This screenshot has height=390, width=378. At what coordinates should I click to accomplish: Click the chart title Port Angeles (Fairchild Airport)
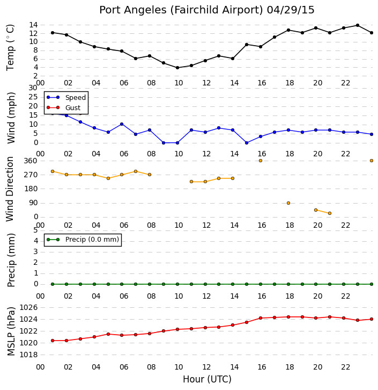[x=181, y=10]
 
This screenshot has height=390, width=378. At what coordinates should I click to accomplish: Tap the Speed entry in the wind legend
[x=76, y=98]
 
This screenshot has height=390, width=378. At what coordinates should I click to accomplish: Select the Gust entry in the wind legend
[x=73, y=107]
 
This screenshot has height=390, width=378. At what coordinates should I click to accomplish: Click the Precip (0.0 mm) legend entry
[x=92, y=240]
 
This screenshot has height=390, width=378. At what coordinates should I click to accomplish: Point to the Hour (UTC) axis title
[x=207, y=379]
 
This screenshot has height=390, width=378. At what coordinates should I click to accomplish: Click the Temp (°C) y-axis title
[x=10, y=47]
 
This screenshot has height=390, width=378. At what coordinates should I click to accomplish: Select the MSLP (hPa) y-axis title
[x=11, y=331]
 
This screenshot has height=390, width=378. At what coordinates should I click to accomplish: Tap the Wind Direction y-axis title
[x=10, y=189]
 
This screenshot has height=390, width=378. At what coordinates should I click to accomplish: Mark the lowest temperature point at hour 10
[x=177, y=68]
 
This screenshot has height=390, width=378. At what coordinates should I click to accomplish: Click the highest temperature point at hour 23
[x=358, y=25]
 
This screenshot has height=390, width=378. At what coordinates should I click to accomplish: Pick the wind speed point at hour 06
[x=122, y=124]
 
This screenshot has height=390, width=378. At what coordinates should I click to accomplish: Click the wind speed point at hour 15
[x=247, y=143]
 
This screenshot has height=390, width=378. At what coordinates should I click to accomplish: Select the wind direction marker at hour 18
[x=288, y=203]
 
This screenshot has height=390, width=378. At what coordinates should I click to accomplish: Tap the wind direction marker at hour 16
[x=261, y=161]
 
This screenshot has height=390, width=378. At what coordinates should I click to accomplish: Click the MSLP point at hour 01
[x=53, y=341]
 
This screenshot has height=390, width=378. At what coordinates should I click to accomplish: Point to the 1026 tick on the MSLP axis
[x=28, y=308]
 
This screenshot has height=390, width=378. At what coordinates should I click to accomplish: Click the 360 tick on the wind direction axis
[x=31, y=161]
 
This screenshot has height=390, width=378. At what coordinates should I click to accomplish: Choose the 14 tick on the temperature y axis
[x=33, y=25]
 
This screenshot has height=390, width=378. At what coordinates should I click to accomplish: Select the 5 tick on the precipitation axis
[x=36, y=230]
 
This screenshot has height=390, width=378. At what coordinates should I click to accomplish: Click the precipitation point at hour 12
[x=205, y=284]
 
